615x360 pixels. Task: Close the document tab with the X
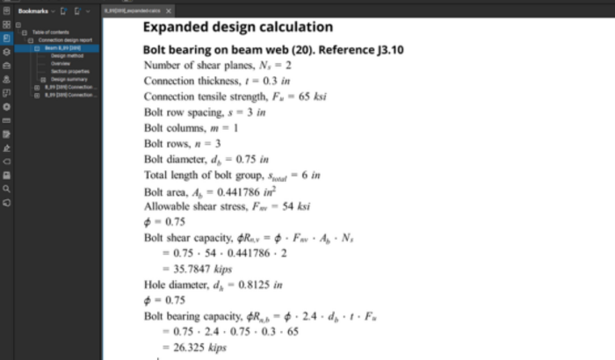tap(168, 10)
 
